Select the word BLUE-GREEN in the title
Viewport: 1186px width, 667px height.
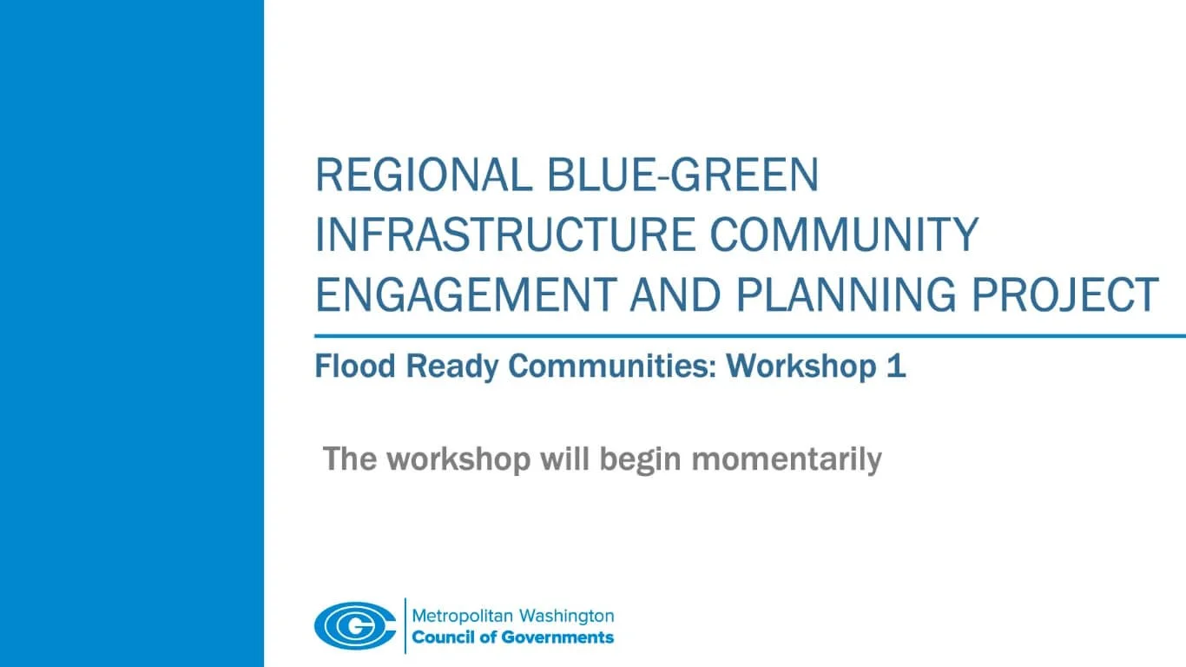pyautogui.click(x=683, y=175)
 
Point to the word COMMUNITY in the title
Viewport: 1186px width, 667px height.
pyautogui.click(x=845, y=234)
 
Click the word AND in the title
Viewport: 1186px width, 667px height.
pyautogui.click(x=675, y=294)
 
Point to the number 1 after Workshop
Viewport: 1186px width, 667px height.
pyautogui.click(x=896, y=367)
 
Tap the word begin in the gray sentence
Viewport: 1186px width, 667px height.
pyautogui.click(x=641, y=459)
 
